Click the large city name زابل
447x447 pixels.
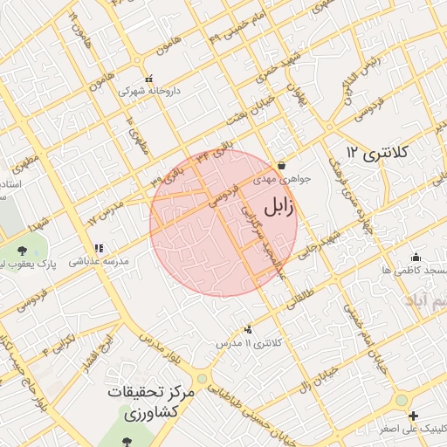(x=279, y=208)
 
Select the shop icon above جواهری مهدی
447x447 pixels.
(x=281, y=165)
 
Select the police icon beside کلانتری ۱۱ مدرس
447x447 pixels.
(x=250, y=329)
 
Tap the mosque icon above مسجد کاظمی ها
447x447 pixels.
(x=416, y=257)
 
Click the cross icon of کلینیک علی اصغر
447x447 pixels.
(x=413, y=416)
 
